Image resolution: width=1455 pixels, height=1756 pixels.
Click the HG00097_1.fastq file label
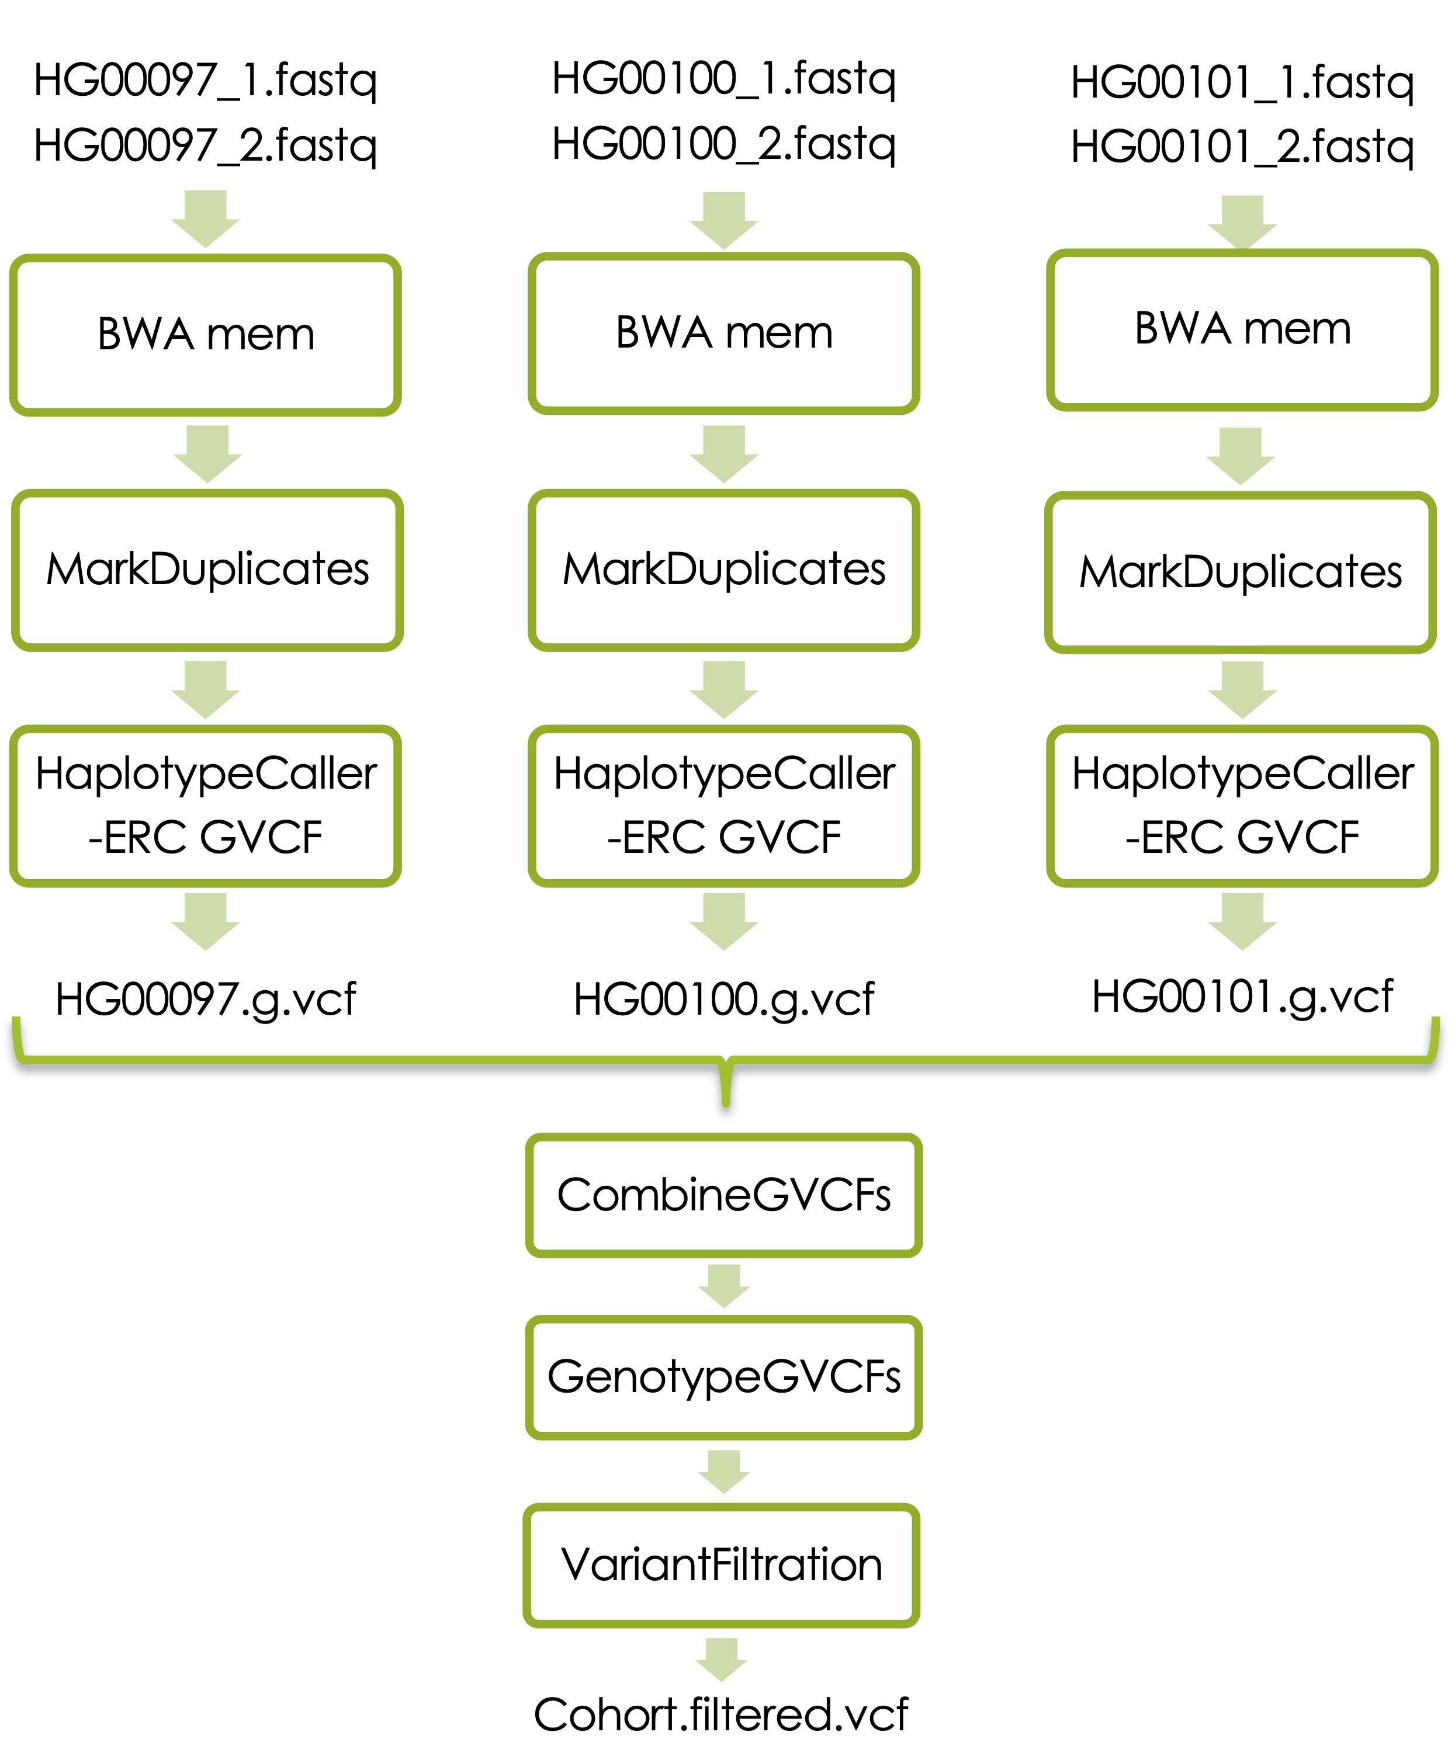(x=206, y=81)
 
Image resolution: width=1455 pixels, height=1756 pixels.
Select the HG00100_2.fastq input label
(x=724, y=144)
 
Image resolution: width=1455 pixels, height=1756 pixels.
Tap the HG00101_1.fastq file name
(x=1243, y=84)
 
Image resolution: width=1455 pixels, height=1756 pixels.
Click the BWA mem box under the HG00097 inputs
(x=206, y=335)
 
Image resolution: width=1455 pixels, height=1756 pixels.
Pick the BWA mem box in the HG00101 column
(x=1243, y=329)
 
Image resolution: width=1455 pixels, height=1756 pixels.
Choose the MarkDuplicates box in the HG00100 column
(x=724, y=570)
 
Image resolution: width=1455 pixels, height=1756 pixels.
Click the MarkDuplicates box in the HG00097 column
(x=207, y=570)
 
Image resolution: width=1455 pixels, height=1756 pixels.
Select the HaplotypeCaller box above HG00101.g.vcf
(x=1243, y=805)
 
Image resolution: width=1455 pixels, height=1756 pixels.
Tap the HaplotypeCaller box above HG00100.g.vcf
(x=724, y=805)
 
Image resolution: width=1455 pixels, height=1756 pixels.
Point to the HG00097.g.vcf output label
(x=206, y=1000)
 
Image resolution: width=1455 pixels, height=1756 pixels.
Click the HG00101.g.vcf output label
(x=1243, y=997)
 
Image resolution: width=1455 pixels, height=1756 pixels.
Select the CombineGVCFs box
(x=724, y=1195)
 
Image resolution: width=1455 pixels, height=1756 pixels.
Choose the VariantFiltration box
(x=722, y=1564)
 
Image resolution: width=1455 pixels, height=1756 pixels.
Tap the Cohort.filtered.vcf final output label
(x=721, y=1715)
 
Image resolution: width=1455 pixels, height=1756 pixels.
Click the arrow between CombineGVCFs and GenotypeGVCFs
(x=724, y=1285)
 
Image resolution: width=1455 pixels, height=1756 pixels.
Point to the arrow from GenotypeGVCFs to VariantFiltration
(x=724, y=1471)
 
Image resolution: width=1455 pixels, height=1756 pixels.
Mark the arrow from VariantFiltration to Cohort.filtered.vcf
(x=722, y=1658)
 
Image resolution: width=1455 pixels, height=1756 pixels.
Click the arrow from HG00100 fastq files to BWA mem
(x=724, y=220)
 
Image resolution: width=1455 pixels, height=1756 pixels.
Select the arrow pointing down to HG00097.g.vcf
(x=206, y=921)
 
